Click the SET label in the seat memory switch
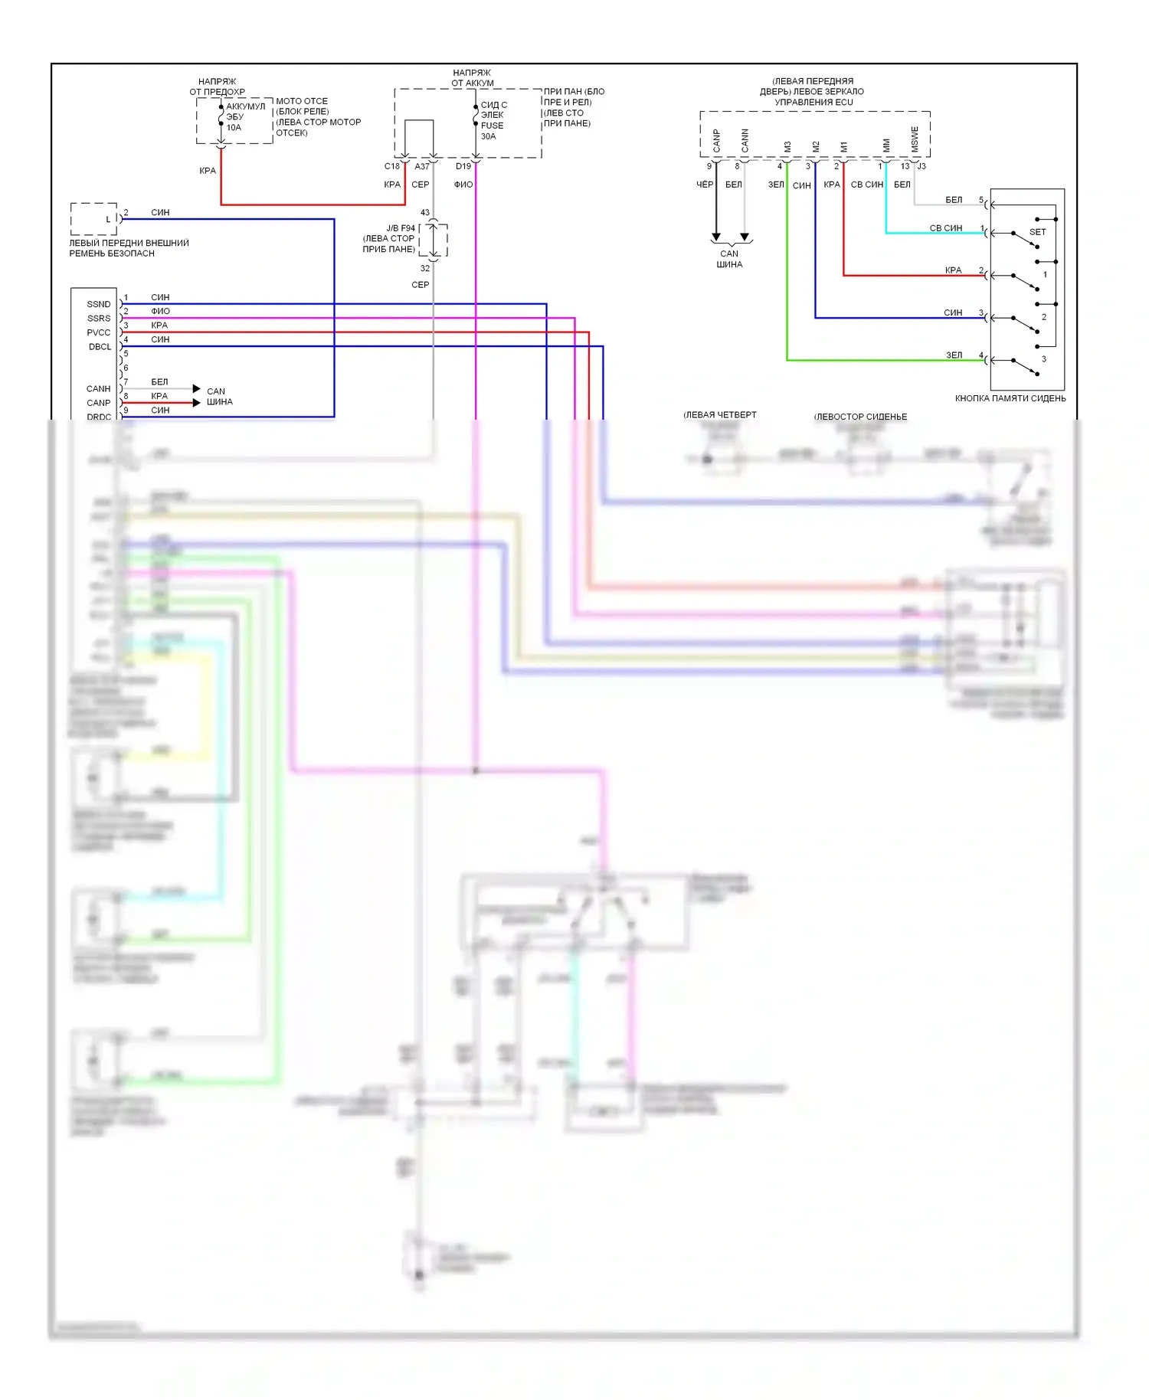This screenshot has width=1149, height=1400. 1037,232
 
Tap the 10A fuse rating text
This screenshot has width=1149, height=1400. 234,128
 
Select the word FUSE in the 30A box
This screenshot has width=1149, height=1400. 492,126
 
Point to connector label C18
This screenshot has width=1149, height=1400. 391,166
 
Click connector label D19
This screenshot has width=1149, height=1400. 463,166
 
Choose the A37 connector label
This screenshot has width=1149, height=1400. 422,166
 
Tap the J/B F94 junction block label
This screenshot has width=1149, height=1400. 400,228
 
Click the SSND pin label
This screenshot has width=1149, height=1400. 99,304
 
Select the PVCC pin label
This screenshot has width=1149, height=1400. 99,332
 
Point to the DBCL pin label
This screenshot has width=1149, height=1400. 100,347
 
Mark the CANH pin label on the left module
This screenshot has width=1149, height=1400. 99,389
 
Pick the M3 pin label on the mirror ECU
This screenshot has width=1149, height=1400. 787,146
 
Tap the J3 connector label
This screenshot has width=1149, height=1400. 921,166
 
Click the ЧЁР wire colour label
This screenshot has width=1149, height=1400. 705,185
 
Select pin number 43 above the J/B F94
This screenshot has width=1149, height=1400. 425,213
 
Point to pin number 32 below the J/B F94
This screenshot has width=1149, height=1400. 425,269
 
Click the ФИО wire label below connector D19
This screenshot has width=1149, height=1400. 463,185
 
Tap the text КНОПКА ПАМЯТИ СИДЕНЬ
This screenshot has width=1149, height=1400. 1010,398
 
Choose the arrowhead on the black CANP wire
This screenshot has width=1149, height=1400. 716,237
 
